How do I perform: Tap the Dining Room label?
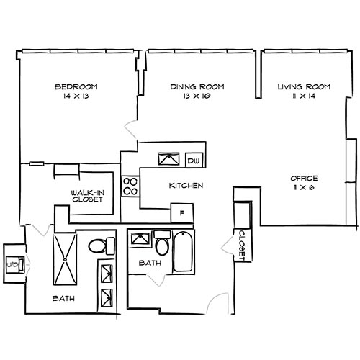(x=197, y=87)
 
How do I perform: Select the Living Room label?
(x=304, y=87)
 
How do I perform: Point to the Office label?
(x=304, y=178)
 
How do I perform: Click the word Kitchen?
(x=186, y=186)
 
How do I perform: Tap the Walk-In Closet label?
(x=86, y=196)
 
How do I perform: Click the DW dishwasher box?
(x=193, y=160)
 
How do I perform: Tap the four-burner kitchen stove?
(x=130, y=186)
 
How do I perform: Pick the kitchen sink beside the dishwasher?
(x=169, y=158)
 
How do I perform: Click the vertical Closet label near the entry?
(x=242, y=245)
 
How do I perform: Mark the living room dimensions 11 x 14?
(x=304, y=96)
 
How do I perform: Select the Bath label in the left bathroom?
(x=64, y=298)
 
